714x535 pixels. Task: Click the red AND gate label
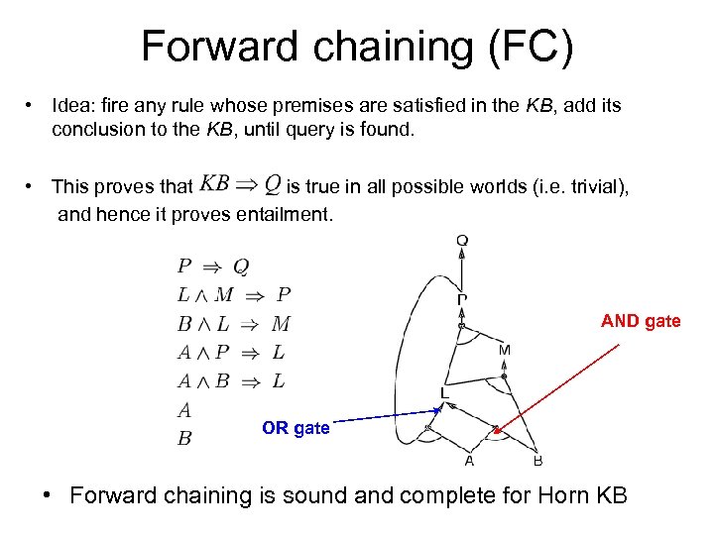[641, 321]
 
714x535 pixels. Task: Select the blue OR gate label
[296, 428]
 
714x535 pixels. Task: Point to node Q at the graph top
[462, 240]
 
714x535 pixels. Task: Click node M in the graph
[505, 350]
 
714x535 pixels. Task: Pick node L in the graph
[445, 393]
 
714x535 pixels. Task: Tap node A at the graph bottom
[469, 460]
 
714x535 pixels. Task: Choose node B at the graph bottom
[537, 460]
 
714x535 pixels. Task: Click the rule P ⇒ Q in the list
[212, 266]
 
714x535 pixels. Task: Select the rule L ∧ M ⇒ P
[233, 294]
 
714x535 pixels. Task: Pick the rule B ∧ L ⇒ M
[233, 323]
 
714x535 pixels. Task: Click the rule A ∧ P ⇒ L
[231, 352]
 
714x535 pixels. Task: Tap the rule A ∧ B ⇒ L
[231, 380]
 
